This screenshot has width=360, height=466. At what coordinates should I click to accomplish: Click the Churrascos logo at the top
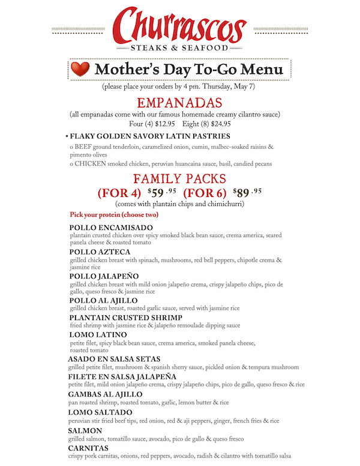coord(180,25)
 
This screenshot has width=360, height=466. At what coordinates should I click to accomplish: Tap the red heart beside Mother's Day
coord(80,70)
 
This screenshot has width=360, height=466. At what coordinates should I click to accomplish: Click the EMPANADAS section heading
coord(180,103)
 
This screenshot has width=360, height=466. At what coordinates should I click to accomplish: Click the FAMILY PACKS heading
coord(180,179)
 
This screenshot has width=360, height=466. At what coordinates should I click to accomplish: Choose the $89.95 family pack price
coord(247,193)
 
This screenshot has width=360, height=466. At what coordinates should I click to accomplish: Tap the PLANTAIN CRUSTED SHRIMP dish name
coord(126,317)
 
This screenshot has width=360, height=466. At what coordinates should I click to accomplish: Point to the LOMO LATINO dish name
coord(98,334)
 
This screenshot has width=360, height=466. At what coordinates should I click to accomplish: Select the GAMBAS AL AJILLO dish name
coord(106,394)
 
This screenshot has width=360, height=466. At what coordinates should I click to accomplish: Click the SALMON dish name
coord(86,431)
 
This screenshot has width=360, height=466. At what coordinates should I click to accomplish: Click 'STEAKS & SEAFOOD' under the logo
coord(180,47)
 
